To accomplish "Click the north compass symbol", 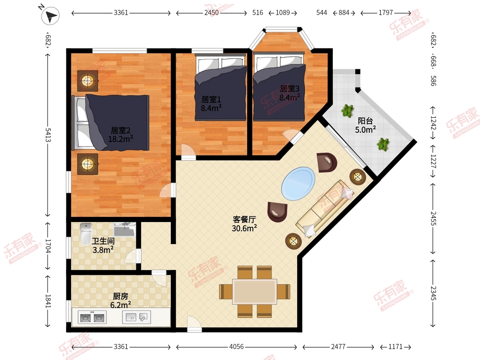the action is click(50, 15).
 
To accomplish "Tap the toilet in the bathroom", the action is click(86, 234).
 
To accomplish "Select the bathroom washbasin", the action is click(124, 229).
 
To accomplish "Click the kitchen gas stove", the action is click(92, 317).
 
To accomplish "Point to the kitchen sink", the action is click(136, 317).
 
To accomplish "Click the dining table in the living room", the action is click(254, 292).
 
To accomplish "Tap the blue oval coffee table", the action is click(298, 184).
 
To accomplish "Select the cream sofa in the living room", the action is click(324, 209).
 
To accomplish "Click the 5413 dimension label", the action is click(48, 135).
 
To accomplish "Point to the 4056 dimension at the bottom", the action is click(236, 347).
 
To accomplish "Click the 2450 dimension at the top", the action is click(212, 13).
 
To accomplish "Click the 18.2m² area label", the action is click(121, 139).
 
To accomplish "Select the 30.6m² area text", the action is click(244, 228).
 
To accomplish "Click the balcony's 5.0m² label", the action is click(366, 130).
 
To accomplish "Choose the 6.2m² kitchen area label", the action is click(121, 304).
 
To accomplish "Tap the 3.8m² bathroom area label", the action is click(103, 250).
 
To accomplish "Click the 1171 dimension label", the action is click(395, 347).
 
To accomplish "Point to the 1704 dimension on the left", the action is click(48, 246).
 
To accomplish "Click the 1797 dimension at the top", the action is click(386, 13).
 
